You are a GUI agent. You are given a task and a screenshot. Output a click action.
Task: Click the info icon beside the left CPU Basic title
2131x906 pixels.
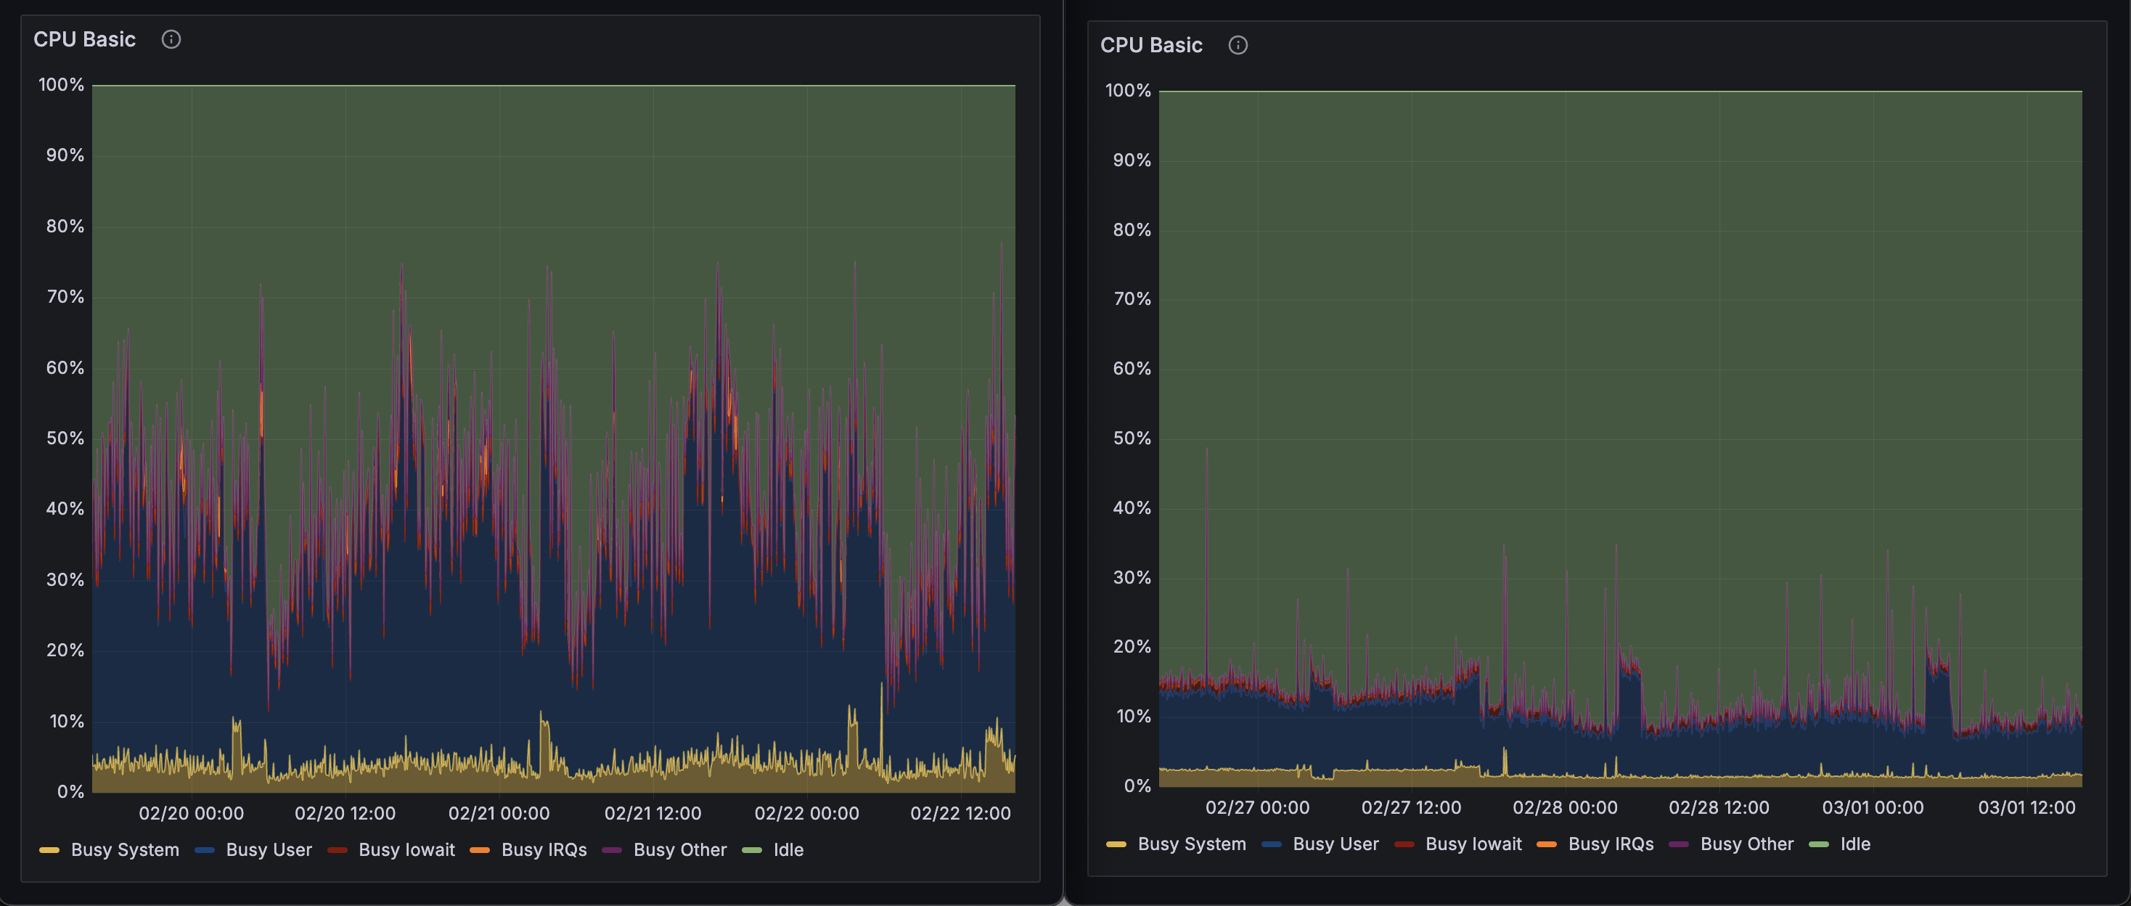(x=171, y=39)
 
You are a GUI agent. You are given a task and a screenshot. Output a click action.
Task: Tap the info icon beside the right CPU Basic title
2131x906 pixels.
(x=1238, y=45)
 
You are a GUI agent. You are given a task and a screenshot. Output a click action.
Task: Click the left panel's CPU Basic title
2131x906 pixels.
(x=84, y=39)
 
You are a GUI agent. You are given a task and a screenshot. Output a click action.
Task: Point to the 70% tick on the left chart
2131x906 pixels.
(x=65, y=296)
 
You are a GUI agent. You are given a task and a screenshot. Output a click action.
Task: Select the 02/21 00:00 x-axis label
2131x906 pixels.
(x=499, y=812)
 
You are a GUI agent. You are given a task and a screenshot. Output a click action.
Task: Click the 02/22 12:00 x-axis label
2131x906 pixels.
(x=960, y=812)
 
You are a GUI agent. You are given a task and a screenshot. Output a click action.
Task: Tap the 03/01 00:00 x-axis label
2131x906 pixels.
(x=1873, y=807)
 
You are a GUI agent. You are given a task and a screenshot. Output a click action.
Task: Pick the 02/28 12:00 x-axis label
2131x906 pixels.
(x=1719, y=807)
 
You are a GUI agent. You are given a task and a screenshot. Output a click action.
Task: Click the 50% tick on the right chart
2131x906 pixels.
(x=1132, y=438)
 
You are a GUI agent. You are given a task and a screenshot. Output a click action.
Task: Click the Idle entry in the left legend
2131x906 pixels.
(x=788, y=849)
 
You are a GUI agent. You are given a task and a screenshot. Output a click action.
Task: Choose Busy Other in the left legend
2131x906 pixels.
(x=679, y=849)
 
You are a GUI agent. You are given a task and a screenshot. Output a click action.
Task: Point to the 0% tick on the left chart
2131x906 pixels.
(x=70, y=791)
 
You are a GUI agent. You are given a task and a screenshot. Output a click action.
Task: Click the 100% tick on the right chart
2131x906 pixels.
(x=1127, y=90)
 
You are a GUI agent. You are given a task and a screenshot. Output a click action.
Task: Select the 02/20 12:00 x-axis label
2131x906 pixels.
(x=345, y=812)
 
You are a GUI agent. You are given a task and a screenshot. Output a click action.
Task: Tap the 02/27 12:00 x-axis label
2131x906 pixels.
(x=1411, y=807)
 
